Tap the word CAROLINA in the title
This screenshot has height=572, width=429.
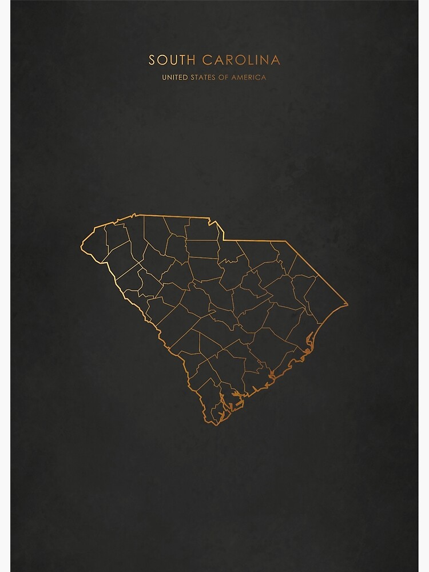tap(241, 60)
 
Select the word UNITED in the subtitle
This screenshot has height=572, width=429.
tap(174, 77)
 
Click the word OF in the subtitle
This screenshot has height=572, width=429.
tap(224, 77)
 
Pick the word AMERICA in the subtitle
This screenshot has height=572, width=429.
tap(249, 77)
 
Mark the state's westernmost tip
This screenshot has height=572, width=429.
tap(81, 249)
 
